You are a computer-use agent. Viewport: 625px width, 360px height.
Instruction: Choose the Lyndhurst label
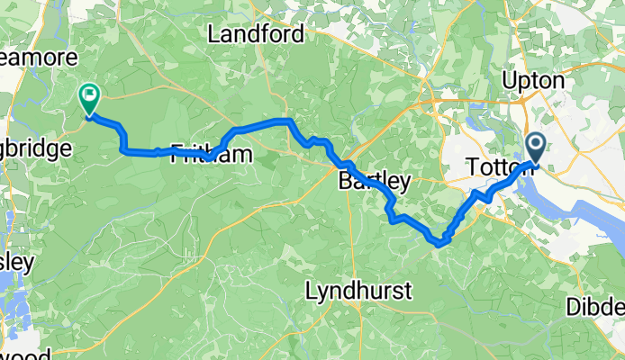click(358, 291)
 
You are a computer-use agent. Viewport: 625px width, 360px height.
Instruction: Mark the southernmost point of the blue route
click(439, 242)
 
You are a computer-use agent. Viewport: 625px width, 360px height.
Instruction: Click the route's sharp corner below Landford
click(288, 121)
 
